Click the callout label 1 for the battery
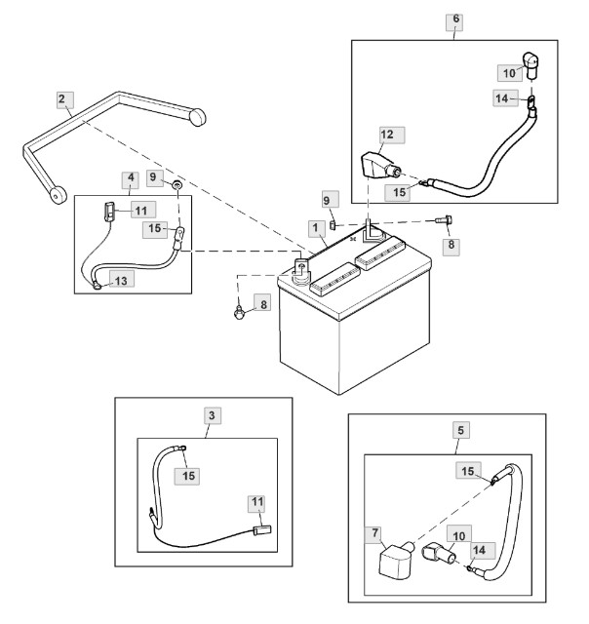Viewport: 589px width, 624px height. (x=316, y=229)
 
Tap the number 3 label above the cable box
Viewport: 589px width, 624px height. (x=212, y=416)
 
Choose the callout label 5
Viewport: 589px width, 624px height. (x=461, y=430)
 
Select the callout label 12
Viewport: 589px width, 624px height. (x=392, y=136)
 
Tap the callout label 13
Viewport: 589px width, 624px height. (x=121, y=280)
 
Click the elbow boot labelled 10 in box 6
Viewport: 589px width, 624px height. (x=530, y=64)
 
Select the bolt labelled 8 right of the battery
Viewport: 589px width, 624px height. (x=444, y=219)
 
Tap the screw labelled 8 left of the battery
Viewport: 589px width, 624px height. (x=239, y=312)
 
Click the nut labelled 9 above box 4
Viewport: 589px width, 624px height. (x=177, y=185)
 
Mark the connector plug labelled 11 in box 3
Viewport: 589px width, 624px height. (x=262, y=530)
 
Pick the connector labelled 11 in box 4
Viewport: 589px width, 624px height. (x=109, y=211)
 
